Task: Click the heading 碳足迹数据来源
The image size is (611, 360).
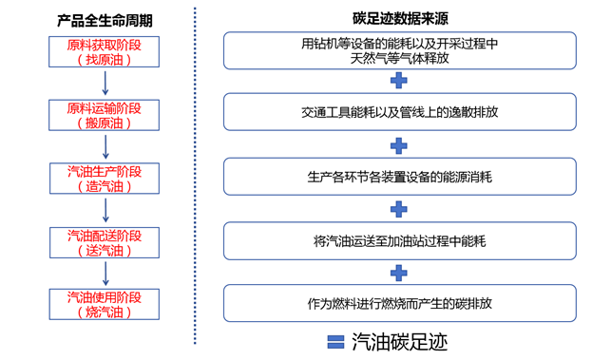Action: point(398,17)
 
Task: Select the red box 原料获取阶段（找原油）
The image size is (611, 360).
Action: point(105,52)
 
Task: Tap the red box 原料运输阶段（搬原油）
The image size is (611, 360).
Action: point(105,116)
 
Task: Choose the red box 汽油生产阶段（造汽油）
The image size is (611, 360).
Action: point(105,179)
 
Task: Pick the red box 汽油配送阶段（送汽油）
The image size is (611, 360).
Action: point(105,241)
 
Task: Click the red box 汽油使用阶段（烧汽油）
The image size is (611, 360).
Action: point(105,304)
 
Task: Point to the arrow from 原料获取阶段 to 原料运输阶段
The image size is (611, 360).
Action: point(105,84)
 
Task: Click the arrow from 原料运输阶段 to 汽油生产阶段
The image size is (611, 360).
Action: point(105,147)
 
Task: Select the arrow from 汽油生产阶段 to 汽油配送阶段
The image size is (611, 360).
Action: point(105,210)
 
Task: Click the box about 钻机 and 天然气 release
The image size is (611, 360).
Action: point(399,50)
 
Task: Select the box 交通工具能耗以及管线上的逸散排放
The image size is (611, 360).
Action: point(399,111)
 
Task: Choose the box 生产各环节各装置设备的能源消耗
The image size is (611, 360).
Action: point(399,176)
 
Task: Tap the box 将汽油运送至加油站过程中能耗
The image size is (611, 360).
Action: point(399,240)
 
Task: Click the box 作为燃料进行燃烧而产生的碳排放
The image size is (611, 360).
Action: point(399,304)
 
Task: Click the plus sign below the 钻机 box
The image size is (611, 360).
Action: point(399,81)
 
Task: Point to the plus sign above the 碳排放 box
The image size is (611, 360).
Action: point(399,273)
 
